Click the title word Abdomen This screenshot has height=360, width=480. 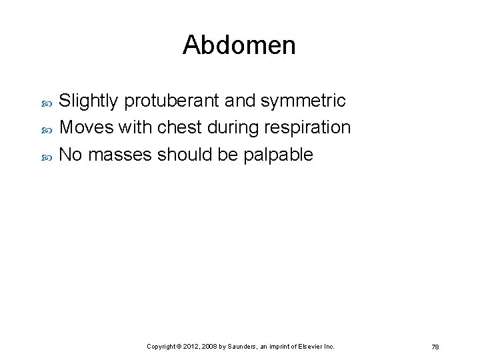[x=239, y=45]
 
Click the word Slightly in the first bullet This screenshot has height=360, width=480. [x=89, y=101]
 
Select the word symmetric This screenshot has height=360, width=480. [x=303, y=101]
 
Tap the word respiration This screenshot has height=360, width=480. [x=309, y=127]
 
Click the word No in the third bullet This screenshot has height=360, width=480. [x=71, y=155]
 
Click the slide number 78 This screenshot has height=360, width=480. [x=435, y=347]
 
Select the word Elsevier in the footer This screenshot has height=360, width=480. [x=311, y=347]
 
